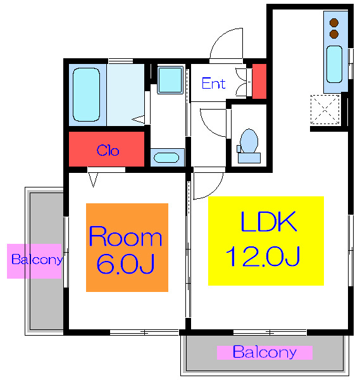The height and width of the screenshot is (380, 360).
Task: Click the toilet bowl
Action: click(249, 141)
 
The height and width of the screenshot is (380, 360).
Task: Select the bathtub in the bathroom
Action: click(87, 94)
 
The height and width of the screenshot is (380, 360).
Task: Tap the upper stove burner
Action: click(334, 22)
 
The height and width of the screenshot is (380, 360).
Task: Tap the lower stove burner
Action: click(334, 34)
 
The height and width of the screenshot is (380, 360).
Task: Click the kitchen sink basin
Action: click(334, 64)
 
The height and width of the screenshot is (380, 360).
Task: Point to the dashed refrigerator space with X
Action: click(325, 110)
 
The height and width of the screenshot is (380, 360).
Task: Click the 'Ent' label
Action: click(213, 84)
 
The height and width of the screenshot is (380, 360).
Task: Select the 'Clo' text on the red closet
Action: click(108, 150)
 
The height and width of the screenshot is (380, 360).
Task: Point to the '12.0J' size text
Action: click(263, 256)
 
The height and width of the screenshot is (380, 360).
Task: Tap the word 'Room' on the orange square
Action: click(125, 236)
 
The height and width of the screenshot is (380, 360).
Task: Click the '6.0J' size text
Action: click(125, 263)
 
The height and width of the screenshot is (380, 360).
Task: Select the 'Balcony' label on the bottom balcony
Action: click(264, 352)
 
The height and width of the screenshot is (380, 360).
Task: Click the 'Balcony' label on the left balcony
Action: click(37, 260)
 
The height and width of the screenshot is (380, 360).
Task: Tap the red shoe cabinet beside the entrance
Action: click(259, 81)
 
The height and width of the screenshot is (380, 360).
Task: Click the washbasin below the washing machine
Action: click(166, 158)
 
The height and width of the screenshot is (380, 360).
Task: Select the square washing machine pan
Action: click(170, 80)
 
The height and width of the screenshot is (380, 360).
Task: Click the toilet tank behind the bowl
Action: click(249, 158)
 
